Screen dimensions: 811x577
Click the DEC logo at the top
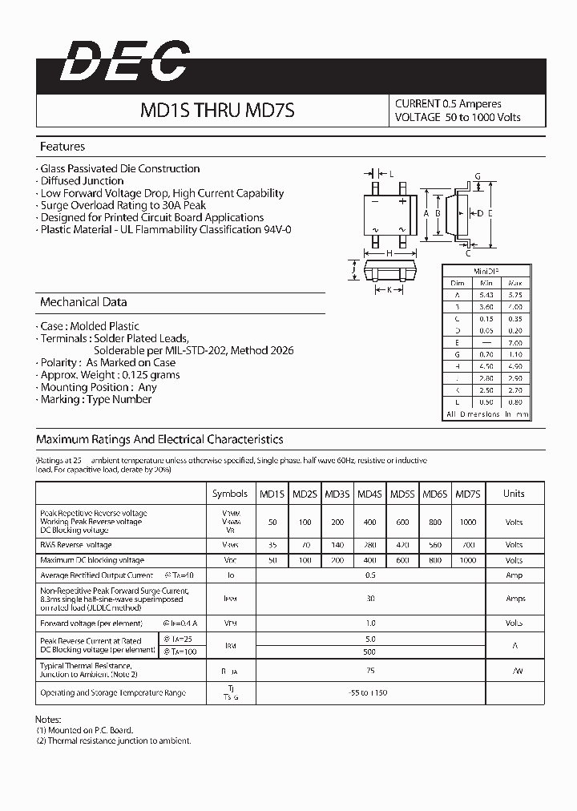124,62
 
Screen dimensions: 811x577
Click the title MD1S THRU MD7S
218,111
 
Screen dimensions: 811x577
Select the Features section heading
63,147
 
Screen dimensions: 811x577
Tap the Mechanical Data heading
83,302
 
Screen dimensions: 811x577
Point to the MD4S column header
369,494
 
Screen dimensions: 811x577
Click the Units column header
514,494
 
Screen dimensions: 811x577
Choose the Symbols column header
230,494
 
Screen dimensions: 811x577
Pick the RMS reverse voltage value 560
434,544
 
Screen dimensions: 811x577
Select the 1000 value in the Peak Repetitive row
466,522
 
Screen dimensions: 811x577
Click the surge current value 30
370,599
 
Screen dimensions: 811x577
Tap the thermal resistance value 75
370,671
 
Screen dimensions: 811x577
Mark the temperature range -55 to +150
369,692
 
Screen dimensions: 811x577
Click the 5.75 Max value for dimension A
515,296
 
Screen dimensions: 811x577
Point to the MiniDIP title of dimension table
486,271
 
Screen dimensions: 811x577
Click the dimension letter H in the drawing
389,253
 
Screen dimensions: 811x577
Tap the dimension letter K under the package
389,289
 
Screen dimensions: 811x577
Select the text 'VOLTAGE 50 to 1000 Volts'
458,117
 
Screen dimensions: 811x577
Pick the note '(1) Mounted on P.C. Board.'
85,730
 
